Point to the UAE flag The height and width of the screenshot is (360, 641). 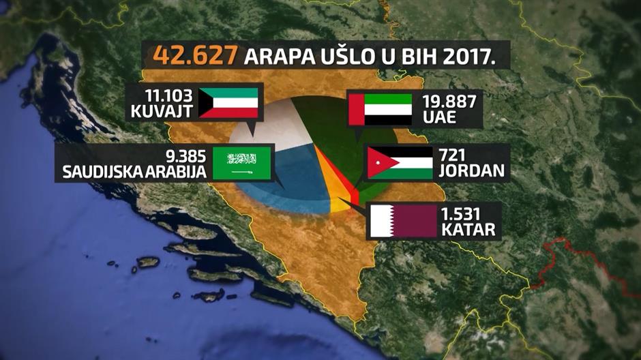click(x=381, y=109)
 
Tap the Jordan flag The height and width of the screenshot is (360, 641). click(x=400, y=162)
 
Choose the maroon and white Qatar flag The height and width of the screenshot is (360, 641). click(x=402, y=221)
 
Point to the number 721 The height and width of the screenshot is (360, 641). click(x=458, y=155)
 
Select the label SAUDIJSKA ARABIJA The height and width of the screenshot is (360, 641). click(x=134, y=171)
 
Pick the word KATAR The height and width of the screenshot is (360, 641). click(x=468, y=229)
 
